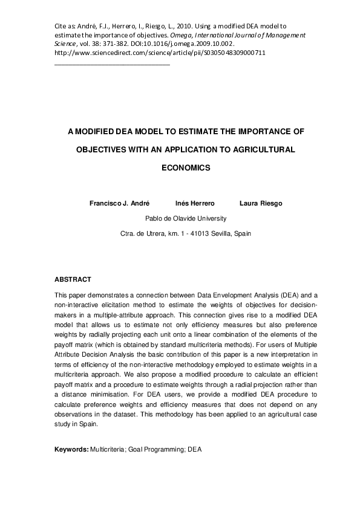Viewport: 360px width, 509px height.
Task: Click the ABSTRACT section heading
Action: click(73, 279)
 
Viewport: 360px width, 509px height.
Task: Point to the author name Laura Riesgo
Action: click(260, 203)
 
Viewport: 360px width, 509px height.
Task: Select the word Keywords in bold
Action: click(71, 450)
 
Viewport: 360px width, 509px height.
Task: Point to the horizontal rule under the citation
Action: click(112, 63)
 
